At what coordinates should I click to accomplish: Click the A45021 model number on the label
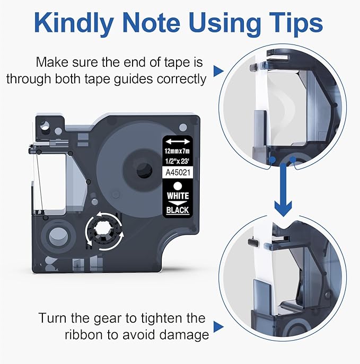pos(178,172)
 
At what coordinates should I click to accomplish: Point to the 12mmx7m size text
pos(177,151)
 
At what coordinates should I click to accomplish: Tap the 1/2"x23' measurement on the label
pos(177,161)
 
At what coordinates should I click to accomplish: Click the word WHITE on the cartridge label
pos(178,196)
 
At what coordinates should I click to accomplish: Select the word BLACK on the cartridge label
pos(178,210)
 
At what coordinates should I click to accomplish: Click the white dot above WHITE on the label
pos(178,186)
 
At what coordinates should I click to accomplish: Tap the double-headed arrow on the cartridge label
pos(178,141)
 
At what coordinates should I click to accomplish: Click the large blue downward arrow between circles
pos(283,190)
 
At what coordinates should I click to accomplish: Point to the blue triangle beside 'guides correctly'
pos(218,71)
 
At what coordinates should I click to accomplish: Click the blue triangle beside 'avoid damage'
pos(218,326)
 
